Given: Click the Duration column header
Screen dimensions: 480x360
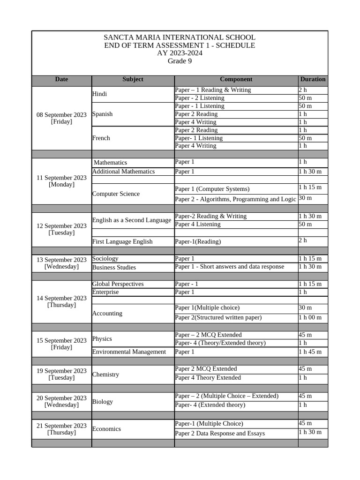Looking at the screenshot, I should click(x=313, y=80).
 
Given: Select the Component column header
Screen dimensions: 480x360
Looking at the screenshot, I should click(x=236, y=80).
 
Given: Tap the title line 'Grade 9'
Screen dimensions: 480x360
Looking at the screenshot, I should click(x=180, y=61).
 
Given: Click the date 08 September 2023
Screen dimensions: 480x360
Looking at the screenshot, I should click(x=61, y=115).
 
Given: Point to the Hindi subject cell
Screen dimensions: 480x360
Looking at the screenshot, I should click(x=100, y=94).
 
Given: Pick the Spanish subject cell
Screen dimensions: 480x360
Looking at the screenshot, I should click(x=103, y=114).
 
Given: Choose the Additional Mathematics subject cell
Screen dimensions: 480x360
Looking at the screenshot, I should click(x=123, y=172).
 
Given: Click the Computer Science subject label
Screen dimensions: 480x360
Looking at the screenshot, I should click(x=116, y=194).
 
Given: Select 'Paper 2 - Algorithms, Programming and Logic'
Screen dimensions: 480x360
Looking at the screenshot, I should click(x=235, y=199).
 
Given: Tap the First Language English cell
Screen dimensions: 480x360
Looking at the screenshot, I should click(x=122, y=242).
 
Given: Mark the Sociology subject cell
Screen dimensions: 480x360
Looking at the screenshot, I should click(x=105, y=259).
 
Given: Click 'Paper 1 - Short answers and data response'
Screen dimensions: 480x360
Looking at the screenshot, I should click(x=229, y=267).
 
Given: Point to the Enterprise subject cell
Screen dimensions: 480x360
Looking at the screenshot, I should click(x=105, y=292).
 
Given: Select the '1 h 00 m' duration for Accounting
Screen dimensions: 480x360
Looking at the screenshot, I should click(x=310, y=318).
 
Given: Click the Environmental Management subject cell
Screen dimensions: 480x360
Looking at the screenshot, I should click(x=129, y=352).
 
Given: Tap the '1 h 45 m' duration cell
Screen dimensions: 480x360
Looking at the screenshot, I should click(x=310, y=352).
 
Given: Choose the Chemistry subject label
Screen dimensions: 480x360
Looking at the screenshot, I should click(x=105, y=375).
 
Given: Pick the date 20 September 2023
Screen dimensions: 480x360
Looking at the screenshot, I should click(x=61, y=398).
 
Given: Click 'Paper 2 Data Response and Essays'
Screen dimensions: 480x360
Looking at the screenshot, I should click(x=219, y=434).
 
